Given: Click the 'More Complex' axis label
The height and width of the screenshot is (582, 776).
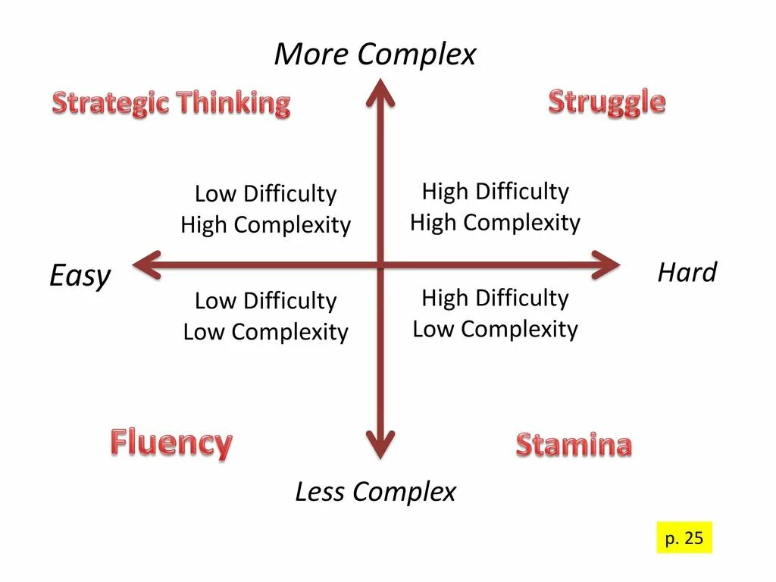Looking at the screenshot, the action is (375, 55).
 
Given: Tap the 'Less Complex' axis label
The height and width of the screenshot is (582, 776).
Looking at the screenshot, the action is (375, 492).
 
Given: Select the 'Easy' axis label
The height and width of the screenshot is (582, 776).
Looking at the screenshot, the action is (80, 276).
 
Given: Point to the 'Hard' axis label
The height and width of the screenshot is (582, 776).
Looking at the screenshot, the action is (687, 272).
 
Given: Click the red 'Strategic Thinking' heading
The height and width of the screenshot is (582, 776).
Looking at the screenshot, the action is (171, 103).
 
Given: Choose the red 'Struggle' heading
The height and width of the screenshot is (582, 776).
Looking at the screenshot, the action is (606, 102).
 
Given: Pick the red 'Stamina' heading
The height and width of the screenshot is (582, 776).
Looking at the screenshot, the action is (574, 445).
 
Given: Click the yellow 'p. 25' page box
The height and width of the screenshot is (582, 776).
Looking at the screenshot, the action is (684, 538).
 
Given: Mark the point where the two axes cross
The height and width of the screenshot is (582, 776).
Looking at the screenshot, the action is (380, 264).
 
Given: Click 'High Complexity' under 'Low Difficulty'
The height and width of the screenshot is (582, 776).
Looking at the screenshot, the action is (265, 225).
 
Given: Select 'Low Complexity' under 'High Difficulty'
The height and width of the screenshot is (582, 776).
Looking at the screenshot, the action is (495, 329).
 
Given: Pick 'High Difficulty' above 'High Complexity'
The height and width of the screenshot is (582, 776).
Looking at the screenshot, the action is (495, 191).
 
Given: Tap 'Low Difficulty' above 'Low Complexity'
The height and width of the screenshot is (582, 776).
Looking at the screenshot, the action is (265, 301).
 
